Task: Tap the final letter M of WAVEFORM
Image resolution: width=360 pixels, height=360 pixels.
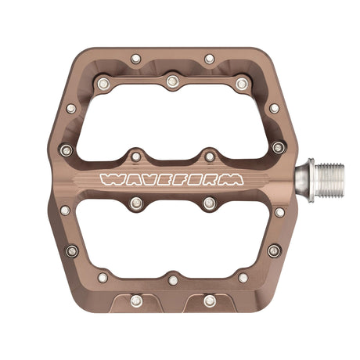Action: pos(232,179)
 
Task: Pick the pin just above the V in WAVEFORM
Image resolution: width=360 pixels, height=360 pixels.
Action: pos(135,157)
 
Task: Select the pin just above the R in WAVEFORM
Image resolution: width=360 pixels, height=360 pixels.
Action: pos(210,157)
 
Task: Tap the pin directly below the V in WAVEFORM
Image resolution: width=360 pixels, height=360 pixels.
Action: pos(135,203)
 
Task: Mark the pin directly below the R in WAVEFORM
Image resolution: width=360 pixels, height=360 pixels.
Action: pos(209,203)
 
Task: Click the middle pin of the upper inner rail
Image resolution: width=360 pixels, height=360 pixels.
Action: pos(171,81)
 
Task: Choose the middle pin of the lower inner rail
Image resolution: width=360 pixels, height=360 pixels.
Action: pos(172,279)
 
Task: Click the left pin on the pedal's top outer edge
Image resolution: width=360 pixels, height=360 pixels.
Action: pos(135,59)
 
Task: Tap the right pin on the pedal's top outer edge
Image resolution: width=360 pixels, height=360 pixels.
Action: pos(209,59)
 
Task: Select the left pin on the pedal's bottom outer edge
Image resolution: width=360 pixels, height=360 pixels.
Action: pos(135,301)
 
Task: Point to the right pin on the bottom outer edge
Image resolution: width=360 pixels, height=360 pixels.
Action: pos(209,301)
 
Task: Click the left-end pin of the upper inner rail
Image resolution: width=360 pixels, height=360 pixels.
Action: pos(102,82)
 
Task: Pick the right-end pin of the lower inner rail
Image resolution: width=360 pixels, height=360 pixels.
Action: pos(243,277)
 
